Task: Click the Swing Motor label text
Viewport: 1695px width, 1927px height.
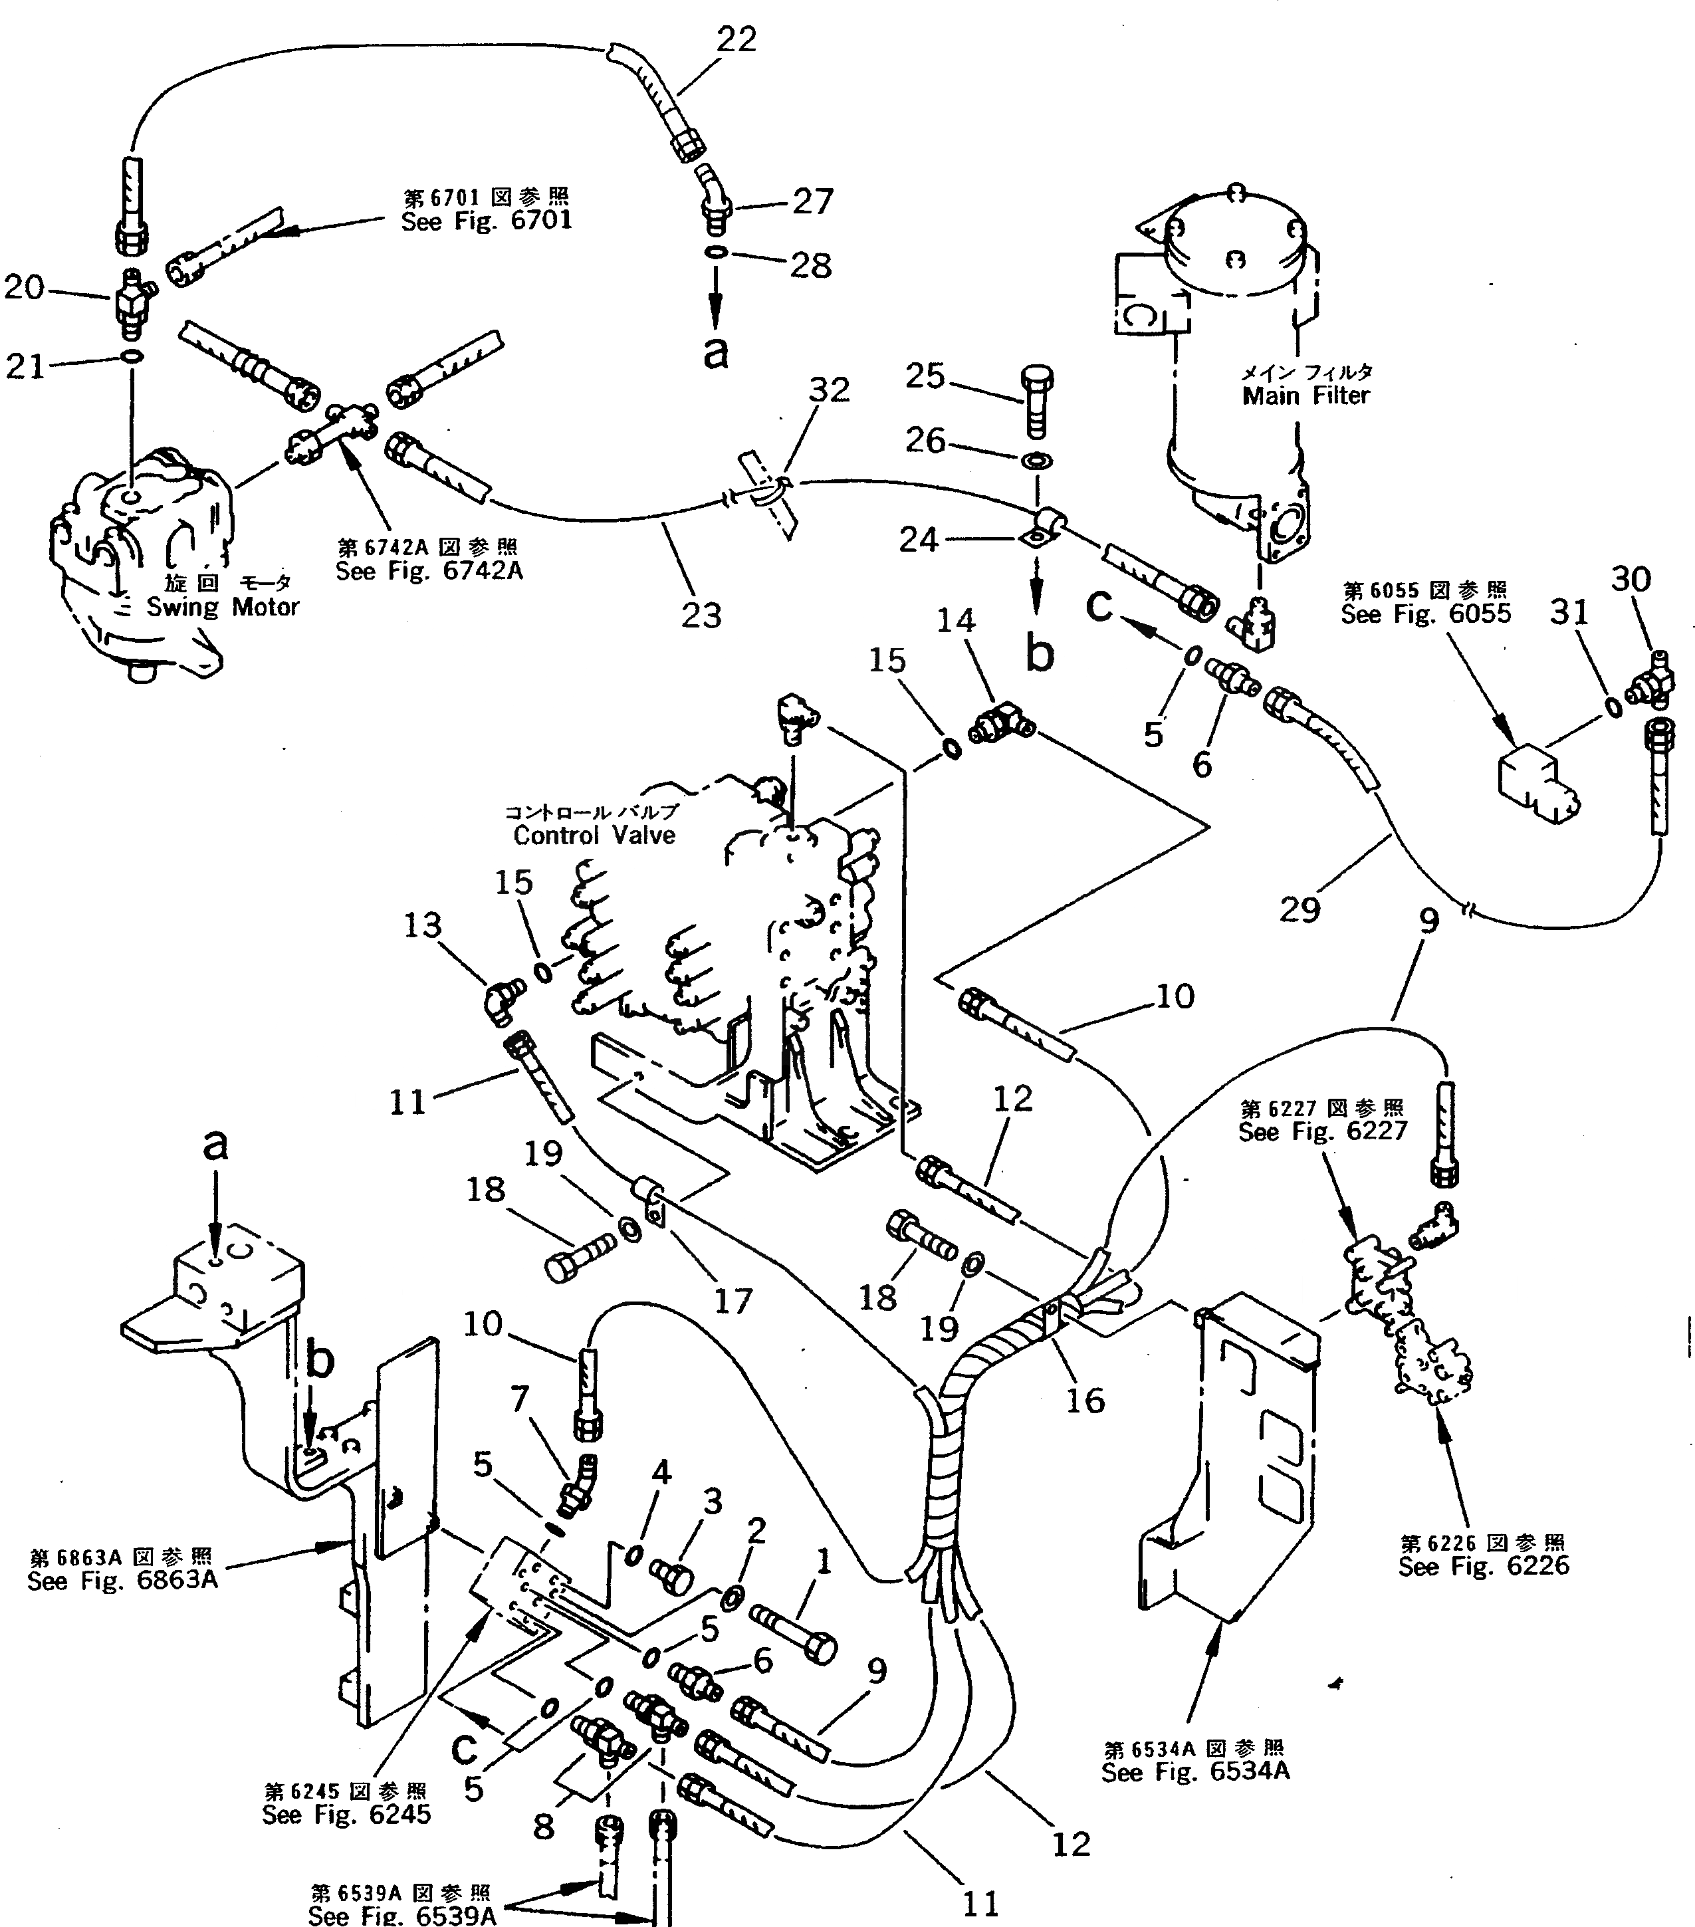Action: click(223, 607)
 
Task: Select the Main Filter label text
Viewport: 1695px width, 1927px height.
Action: click(1305, 396)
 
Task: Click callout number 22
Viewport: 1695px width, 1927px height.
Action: click(736, 40)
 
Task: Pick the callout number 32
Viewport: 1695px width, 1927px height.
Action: click(830, 390)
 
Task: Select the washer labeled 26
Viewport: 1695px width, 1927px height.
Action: click(1038, 461)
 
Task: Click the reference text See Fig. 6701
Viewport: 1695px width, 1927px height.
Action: click(487, 221)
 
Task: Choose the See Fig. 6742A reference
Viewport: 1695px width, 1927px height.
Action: click(429, 571)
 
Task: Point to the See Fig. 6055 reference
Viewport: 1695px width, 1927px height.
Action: click(1425, 614)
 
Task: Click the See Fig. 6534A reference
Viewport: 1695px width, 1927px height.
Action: click(1195, 1772)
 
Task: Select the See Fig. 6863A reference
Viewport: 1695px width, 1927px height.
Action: click(122, 1580)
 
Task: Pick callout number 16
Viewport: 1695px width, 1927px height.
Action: click(1085, 1400)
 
